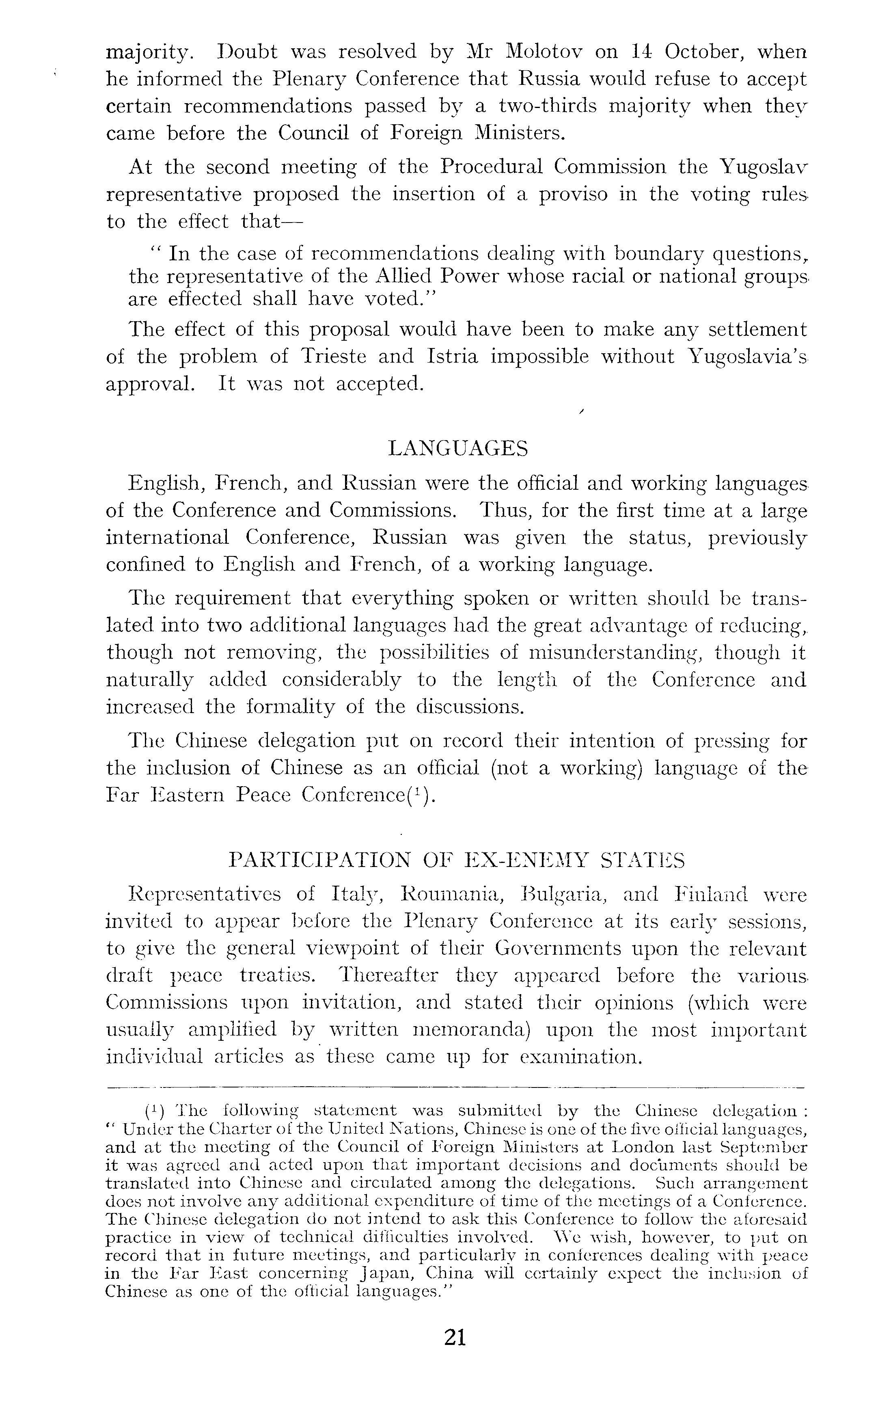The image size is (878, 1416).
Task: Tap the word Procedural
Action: click(491, 167)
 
